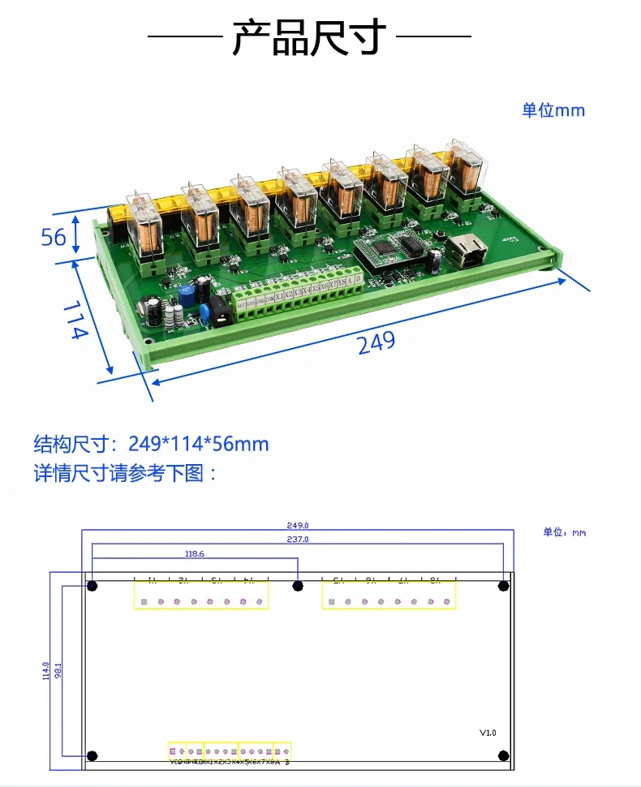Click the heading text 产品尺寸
click(x=309, y=37)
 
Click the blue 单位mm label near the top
click(x=553, y=110)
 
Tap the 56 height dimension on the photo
click(x=54, y=237)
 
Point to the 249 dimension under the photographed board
click(x=376, y=342)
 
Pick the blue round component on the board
click(x=187, y=294)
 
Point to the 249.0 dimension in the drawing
click(x=298, y=525)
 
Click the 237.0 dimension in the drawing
click(x=298, y=539)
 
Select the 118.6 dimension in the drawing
click(x=195, y=553)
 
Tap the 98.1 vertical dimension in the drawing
click(x=58, y=670)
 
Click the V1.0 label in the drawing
click(x=487, y=733)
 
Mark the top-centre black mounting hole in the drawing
click(x=298, y=585)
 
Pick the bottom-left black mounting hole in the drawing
click(x=92, y=755)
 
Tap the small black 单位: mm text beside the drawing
click(x=564, y=532)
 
